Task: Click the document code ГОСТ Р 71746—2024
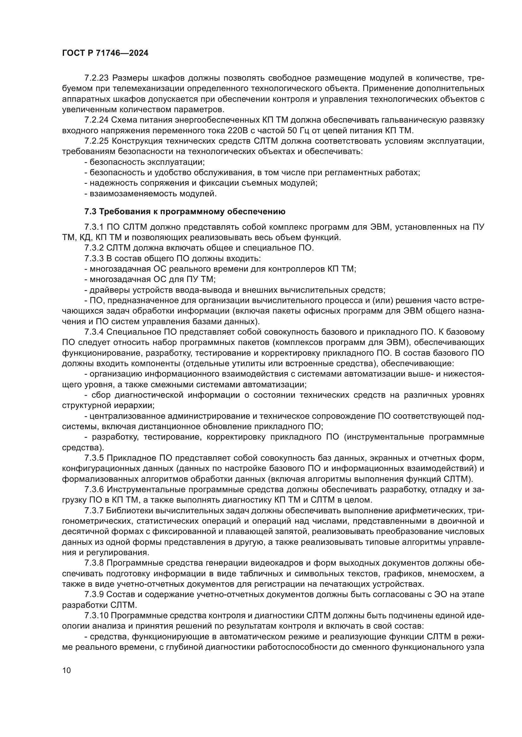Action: click(x=105, y=53)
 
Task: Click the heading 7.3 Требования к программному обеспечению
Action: click(x=185, y=211)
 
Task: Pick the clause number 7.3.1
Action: click(x=94, y=227)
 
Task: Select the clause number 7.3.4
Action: click(x=94, y=331)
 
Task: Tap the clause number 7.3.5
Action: click(x=94, y=458)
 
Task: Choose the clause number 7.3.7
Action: click(x=94, y=510)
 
